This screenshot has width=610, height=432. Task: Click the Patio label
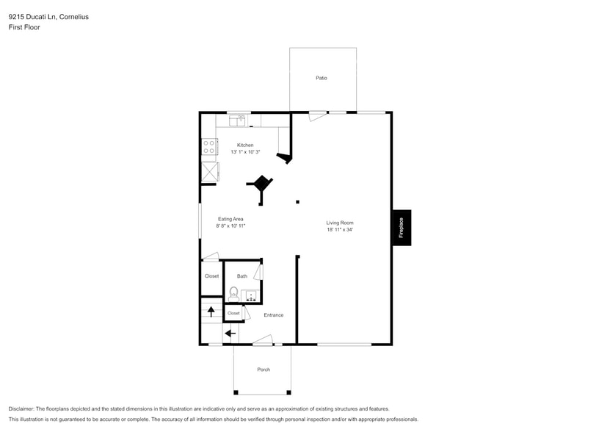click(322, 78)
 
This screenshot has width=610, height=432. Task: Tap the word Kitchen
click(245, 145)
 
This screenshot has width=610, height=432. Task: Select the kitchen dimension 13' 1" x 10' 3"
click(245, 152)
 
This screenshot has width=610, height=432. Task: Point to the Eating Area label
click(230, 219)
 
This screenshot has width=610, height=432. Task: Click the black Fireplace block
click(401, 228)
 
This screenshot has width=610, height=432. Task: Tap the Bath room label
click(242, 276)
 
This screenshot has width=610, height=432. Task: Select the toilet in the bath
click(233, 294)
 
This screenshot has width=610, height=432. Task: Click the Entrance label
click(274, 315)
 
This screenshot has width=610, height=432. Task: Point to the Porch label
click(263, 370)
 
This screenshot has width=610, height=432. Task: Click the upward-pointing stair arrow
click(211, 311)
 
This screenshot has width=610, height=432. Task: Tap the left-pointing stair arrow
click(230, 334)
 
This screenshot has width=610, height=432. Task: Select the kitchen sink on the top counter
click(238, 120)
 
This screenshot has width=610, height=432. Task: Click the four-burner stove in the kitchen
click(209, 146)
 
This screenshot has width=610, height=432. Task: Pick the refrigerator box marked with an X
click(209, 171)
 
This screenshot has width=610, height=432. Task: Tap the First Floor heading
click(24, 27)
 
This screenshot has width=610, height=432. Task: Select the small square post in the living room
click(297, 201)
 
